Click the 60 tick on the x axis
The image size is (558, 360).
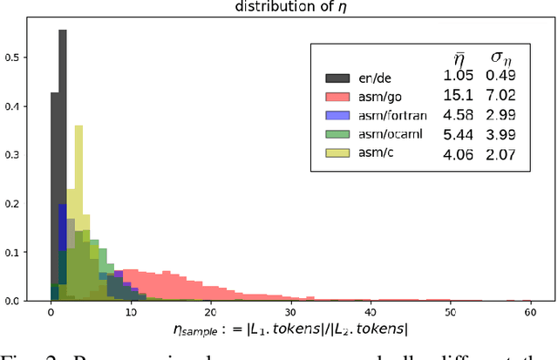point(529,311)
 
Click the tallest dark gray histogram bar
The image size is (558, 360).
point(63,166)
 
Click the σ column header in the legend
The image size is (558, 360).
point(503,57)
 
